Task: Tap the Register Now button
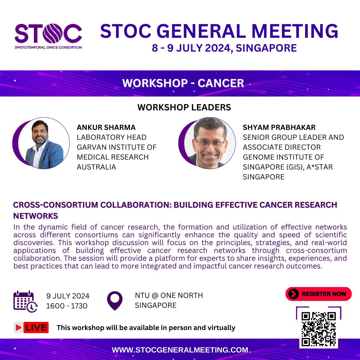pyautogui.click(x=318, y=294)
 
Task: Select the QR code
pyautogui.click(x=318, y=329)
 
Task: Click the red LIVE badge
pyautogui.click(x=31, y=328)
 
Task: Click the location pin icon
pyautogui.click(x=115, y=300)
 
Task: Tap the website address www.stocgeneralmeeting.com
pyautogui.click(x=180, y=350)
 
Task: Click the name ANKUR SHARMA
pyautogui.click(x=106, y=127)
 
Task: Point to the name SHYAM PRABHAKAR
pyautogui.click(x=279, y=127)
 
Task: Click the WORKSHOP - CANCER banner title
pyautogui.click(x=183, y=83)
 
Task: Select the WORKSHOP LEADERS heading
pyautogui.click(x=184, y=107)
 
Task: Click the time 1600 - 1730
pyautogui.click(x=67, y=306)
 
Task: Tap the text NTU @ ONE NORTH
pyautogui.click(x=169, y=295)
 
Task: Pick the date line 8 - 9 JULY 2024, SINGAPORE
pyautogui.click(x=224, y=48)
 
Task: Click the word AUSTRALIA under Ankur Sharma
pyautogui.click(x=96, y=167)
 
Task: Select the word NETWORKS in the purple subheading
pyautogui.click(x=36, y=216)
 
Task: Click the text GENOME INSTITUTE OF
pyautogui.click(x=283, y=157)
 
